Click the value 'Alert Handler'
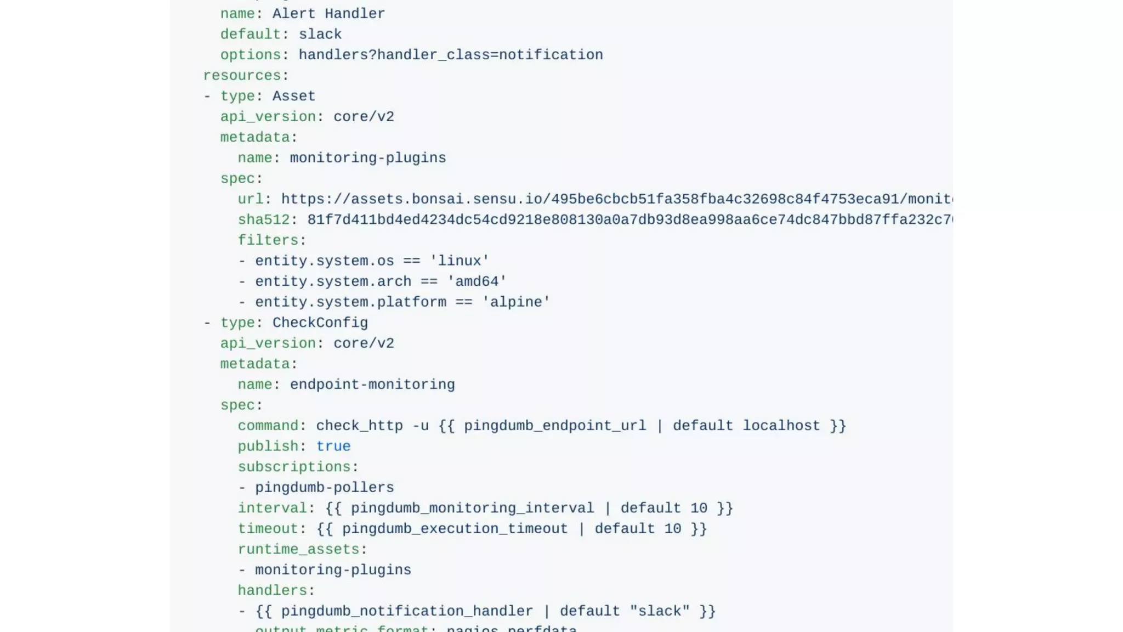pos(328,14)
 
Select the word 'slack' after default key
pos(320,35)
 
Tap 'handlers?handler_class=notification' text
pos(450,55)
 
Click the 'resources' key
pos(242,76)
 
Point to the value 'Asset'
pos(294,97)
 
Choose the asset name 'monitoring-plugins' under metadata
pos(367,158)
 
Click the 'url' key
pos(251,199)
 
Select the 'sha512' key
pos(263,220)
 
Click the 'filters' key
pos(268,240)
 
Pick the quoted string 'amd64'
pos(477,282)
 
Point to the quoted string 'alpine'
pos(516,302)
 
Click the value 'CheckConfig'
pos(320,323)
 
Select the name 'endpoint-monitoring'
pos(372,385)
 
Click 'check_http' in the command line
pos(359,426)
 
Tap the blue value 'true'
pos(333,447)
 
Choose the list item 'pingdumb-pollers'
pos(324,488)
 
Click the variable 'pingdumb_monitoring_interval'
pos(472,508)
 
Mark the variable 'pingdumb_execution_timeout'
pos(455,529)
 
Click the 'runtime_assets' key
pos(298,549)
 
